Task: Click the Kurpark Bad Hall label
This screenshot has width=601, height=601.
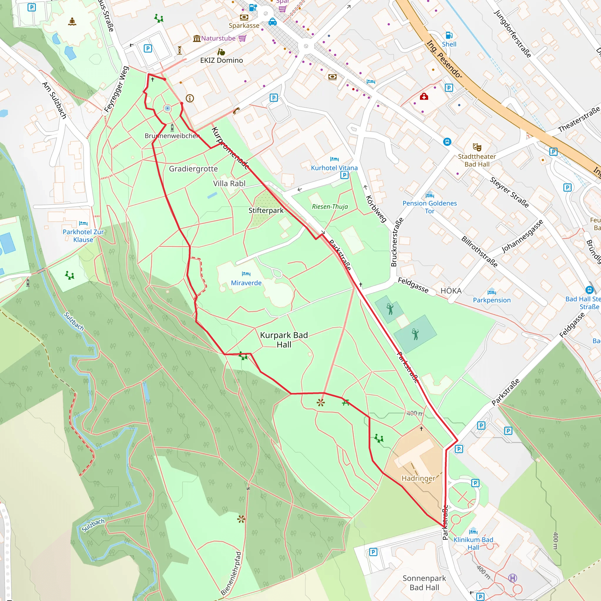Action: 284,340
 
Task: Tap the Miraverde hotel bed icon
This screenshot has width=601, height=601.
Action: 246,274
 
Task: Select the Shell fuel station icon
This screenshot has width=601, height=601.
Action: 449,35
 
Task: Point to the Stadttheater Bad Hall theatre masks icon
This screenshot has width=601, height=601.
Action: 477,147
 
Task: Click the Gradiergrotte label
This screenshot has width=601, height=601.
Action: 193,169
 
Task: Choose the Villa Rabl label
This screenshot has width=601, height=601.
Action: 229,183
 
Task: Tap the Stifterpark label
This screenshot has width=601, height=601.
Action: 266,211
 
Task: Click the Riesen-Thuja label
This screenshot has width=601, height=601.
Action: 330,207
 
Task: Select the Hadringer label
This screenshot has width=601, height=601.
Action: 418,478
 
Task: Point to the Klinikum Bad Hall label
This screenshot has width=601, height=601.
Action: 473,543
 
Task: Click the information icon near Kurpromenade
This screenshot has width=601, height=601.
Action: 190,98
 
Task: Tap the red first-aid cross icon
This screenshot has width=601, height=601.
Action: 424,97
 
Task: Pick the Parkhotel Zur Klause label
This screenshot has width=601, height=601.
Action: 83,236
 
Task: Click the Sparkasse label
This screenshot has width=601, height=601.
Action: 244,26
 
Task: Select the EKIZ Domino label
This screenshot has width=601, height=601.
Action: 222,60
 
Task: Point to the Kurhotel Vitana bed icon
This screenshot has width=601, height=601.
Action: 335,159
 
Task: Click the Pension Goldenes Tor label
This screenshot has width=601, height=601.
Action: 430,207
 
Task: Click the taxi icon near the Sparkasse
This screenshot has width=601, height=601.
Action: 273,22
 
